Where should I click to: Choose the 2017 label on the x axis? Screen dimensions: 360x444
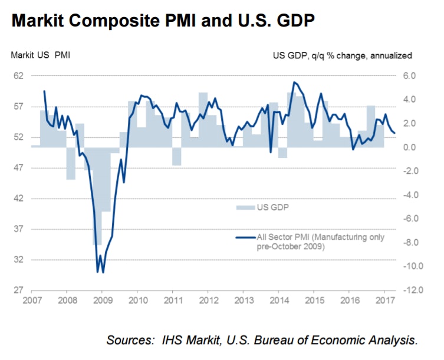[x=384, y=300]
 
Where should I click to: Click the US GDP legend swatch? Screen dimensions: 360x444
[x=244, y=207]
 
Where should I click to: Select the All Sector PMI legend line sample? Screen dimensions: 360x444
[x=244, y=237]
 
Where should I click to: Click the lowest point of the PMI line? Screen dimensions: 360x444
[x=97, y=272]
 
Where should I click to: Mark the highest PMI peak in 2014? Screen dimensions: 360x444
[x=294, y=82]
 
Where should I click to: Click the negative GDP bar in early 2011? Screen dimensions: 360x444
[x=176, y=156]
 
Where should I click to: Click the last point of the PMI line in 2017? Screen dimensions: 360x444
[x=394, y=133]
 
